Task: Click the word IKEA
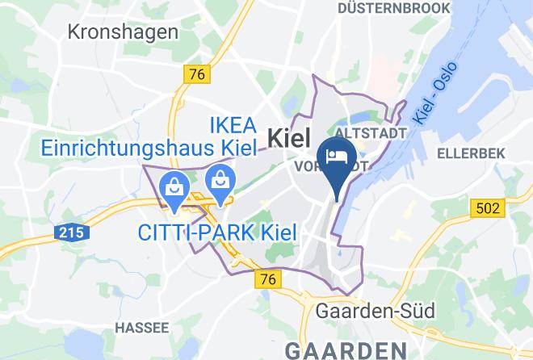coord(233,125)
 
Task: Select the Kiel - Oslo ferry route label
coord(436,92)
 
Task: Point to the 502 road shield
coord(486,208)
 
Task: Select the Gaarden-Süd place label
coord(376,311)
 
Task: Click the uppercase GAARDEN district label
coord(355,350)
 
